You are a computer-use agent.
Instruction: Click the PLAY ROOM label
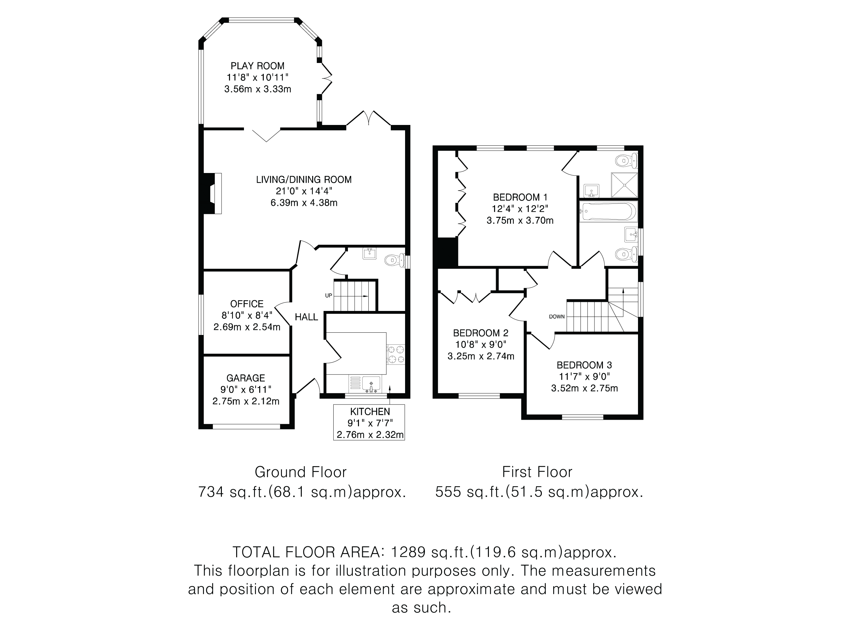[x=257, y=66]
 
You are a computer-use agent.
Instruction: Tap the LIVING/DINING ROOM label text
[x=304, y=179]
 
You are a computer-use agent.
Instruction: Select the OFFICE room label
[x=247, y=304]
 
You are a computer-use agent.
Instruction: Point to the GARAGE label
[x=246, y=378]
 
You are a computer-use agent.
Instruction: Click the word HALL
[x=306, y=317]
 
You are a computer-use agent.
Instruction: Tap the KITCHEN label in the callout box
[x=370, y=412]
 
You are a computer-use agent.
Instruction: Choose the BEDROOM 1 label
[x=520, y=197]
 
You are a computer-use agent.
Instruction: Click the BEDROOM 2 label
[x=481, y=333]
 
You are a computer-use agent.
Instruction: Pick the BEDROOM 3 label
[x=584, y=365]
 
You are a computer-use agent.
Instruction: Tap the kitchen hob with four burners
[x=396, y=354]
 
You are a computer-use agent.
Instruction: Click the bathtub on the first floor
[x=608, y=212]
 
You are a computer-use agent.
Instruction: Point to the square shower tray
[x=624, y=185]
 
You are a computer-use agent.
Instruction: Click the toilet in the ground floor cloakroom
[x=395, y=261]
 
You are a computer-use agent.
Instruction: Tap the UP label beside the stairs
[x=328, y=295]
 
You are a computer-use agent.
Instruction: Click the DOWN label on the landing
[x=557, y=316]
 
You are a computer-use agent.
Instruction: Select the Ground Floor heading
[x=301, y=472]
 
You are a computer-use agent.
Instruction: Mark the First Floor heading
[x=537, y=472]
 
